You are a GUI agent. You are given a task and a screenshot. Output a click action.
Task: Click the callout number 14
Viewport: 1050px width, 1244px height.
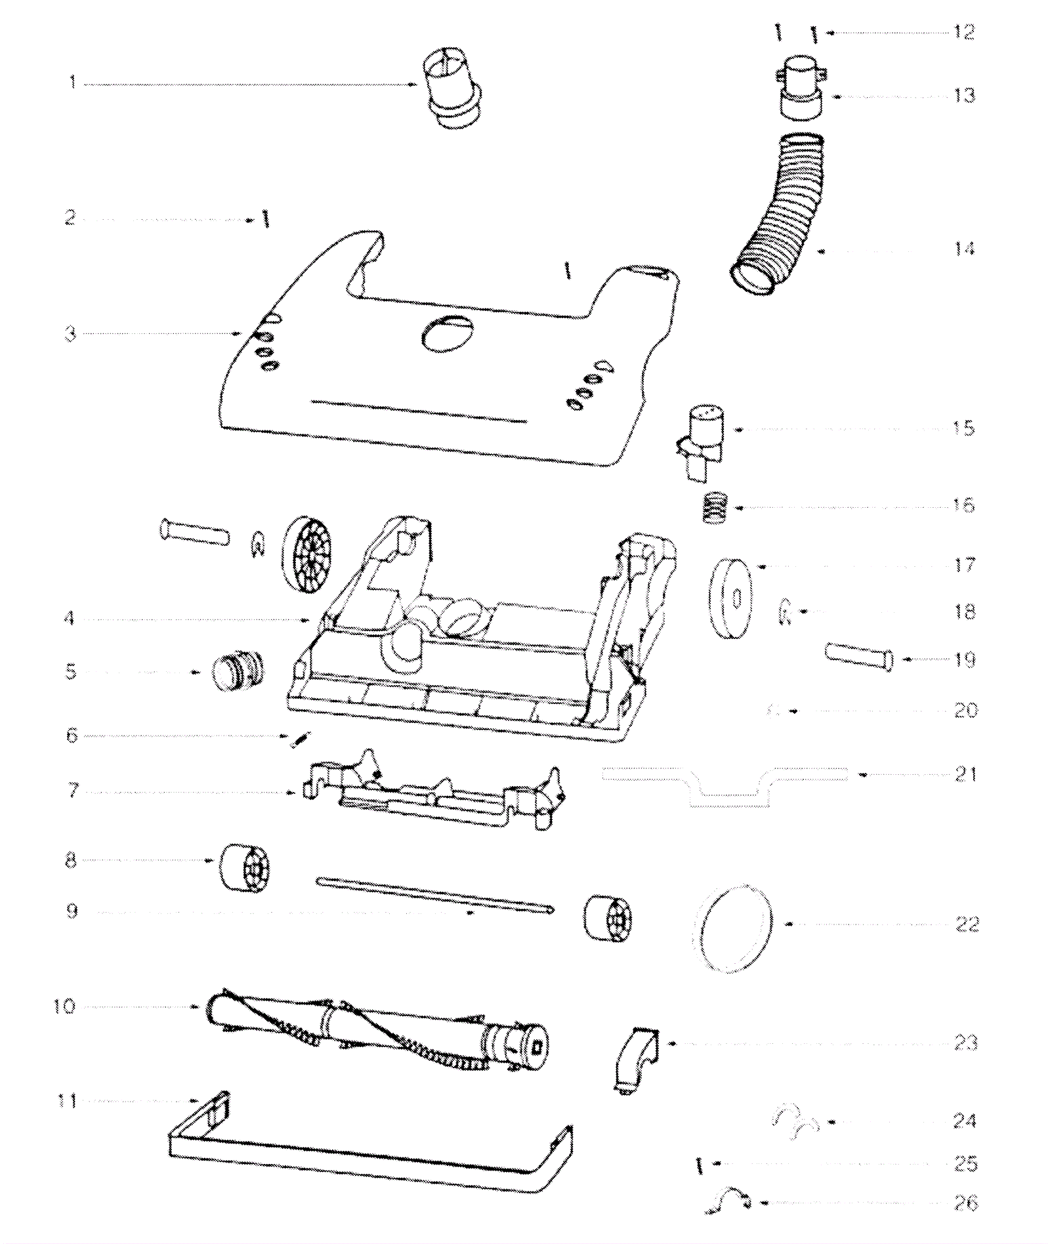coord(963,249)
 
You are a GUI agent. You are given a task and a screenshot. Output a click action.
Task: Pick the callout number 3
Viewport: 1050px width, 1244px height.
coord(70,333)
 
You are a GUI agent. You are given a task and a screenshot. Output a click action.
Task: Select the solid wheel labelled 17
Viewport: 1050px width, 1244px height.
coord(730,598)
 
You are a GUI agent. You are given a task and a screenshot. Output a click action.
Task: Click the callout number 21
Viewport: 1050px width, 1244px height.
coord(965,775)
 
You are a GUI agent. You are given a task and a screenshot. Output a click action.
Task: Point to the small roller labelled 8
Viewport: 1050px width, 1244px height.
coord(245,869)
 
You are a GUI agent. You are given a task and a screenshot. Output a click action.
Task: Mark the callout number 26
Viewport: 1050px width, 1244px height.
coord(965,1203)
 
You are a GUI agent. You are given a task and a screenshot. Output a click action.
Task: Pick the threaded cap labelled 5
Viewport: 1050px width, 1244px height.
coord(238,671)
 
